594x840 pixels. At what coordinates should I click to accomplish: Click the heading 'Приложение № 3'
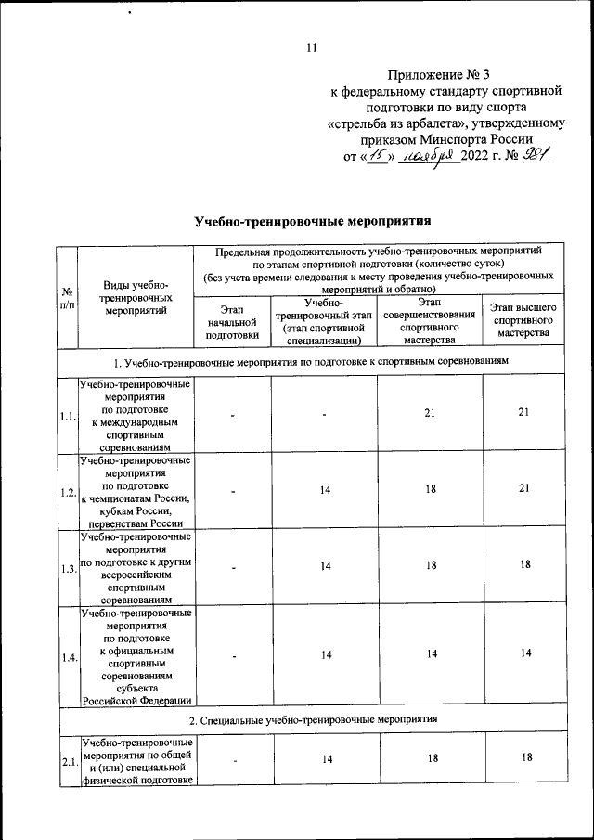pos(449,75)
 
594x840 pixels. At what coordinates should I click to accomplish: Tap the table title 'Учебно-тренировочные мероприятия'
pos(315,222)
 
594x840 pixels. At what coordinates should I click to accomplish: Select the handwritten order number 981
pos(536,156)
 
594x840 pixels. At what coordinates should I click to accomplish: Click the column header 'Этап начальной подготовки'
pos(231,321)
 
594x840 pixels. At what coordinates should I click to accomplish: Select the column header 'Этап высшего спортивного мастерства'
pos(523,320)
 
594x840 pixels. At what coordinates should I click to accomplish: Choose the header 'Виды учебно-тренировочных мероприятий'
pos(136,298)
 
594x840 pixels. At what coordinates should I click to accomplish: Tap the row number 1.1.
pos(67,416)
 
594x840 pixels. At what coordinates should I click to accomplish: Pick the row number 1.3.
pos(67,568)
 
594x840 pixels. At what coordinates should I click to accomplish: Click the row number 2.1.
pos(67,762)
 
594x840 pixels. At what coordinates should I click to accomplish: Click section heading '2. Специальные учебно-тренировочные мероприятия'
pos(315,720)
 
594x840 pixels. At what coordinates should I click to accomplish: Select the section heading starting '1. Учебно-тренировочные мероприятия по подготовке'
pos(315,359)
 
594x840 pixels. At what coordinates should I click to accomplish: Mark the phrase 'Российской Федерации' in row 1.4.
pos(136,701)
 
